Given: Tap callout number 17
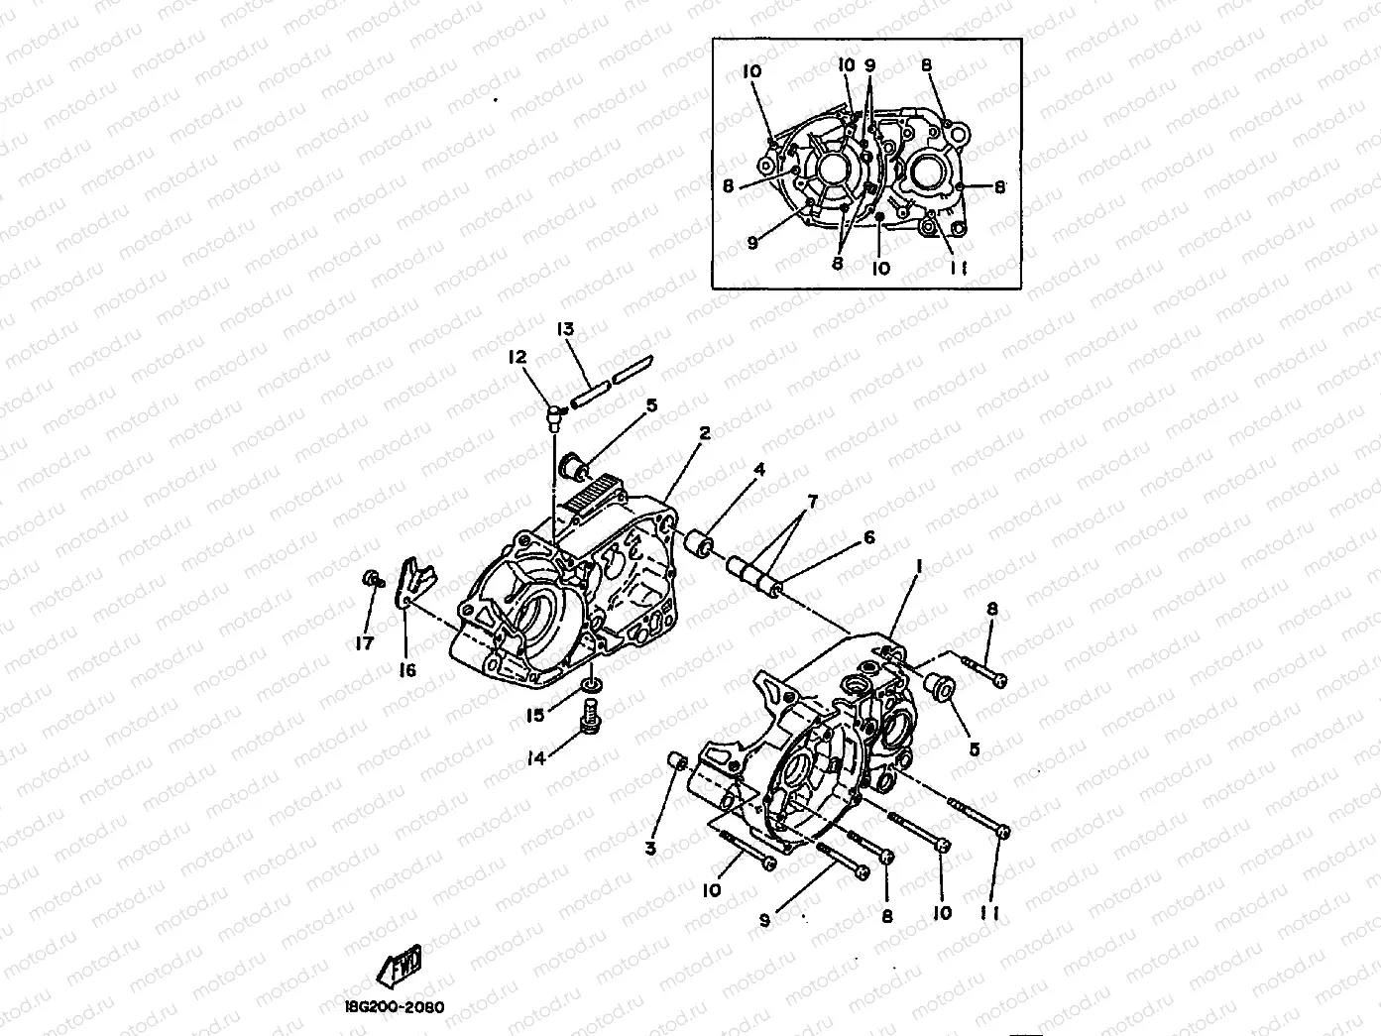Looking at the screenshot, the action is [365, 643].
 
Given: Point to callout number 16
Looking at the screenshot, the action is [407, 670].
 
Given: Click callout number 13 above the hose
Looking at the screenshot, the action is [565, 330].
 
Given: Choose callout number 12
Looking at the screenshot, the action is [517, 357].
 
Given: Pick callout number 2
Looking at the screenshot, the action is [704, 432].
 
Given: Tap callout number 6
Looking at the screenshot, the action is [868, 537].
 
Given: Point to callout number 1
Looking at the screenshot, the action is [919, 565].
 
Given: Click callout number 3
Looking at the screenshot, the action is [650, 848].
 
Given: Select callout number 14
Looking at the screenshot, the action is [536, 758].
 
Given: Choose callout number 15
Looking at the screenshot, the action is [535, 715].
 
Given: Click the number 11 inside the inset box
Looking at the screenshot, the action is [959, 268].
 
